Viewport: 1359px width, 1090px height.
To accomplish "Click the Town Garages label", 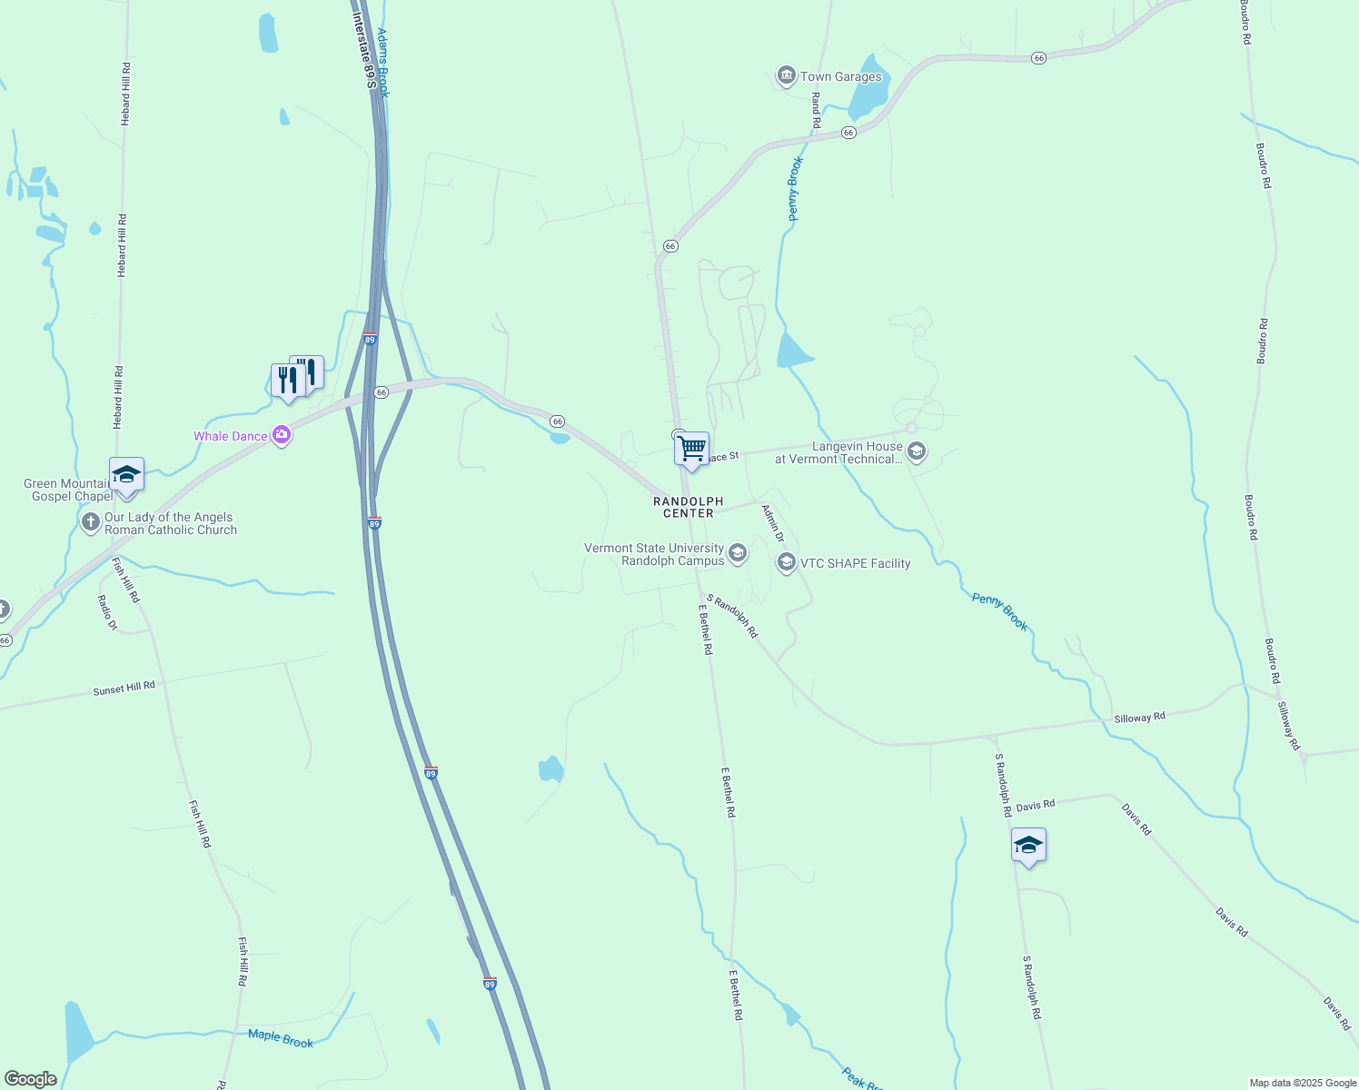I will (840, 77).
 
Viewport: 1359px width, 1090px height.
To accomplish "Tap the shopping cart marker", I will (692, 449).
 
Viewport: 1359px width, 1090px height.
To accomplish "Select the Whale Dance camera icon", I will (282, 436).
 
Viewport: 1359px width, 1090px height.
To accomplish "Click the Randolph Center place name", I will (689, 507).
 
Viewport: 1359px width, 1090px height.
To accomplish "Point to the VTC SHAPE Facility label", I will (855, 563).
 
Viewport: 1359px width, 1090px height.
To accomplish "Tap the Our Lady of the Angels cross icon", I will (90, 522).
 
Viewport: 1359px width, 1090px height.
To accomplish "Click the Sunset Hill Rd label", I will (124, 689).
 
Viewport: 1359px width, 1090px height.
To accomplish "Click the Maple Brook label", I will (281, 1038).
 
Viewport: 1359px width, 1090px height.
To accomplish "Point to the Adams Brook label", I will (383, 63).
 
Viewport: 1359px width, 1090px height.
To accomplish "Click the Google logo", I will (31, 1079).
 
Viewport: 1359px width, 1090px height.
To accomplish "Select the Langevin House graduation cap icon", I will (917, 451).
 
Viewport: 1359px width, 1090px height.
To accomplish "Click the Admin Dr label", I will (773, 524).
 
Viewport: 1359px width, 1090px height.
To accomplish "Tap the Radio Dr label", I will (107, 612).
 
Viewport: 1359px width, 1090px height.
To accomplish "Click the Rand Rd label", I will (816, 109).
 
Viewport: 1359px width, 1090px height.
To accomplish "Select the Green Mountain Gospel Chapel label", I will (68, 490).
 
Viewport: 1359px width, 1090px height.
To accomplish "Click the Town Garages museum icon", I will (786, 76).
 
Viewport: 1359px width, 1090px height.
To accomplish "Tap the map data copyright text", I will (1303, 1083).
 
